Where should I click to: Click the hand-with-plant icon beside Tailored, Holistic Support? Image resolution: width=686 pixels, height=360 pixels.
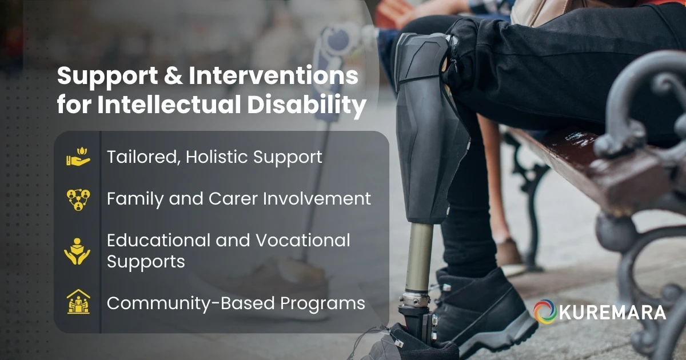[x=78, y=157]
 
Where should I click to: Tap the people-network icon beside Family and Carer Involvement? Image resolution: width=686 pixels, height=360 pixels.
[x=78, y=199]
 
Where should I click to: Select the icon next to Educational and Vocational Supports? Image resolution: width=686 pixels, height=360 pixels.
[x=78, y=250]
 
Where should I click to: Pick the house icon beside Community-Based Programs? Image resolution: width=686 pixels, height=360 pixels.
[x=78, y=303]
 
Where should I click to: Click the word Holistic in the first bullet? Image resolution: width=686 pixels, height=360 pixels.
[x=220, y=157]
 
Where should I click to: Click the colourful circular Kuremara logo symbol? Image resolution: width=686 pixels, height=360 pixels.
[x=545, y=312]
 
